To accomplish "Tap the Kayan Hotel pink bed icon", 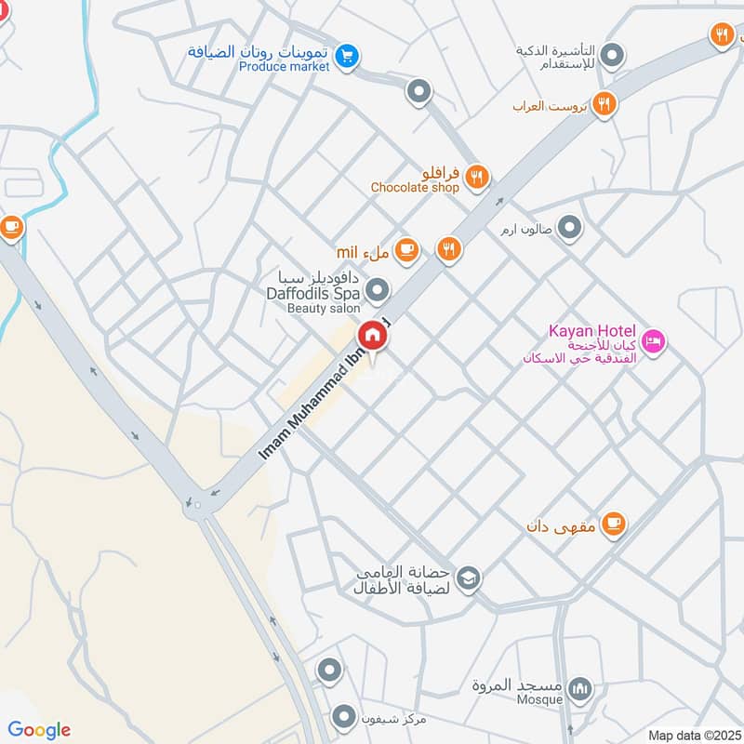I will point(654,343).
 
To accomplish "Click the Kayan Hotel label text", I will point(591,331).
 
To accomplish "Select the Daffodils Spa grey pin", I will point(378,292).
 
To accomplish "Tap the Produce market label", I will point(285,67).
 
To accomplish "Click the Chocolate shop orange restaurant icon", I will point(477,176).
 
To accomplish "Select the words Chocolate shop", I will point(415,187).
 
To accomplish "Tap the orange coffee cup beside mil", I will point(406,249).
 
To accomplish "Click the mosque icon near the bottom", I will point(580,689).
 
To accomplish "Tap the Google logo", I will point(39,730).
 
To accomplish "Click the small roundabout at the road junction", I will point(196,506).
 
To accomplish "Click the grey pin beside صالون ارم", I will point(570,227).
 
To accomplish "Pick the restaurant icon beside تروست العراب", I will point(604,104).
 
